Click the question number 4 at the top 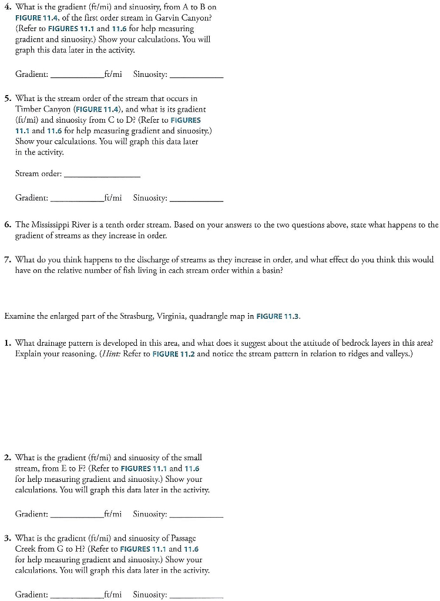[x=7, y=7]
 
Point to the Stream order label [x=38, y=174]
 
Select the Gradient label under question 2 [x=32, y=514]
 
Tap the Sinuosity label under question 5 [x=150, y=198]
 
